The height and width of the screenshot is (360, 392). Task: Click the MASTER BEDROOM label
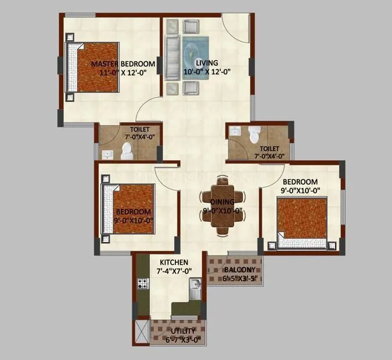(122, 64)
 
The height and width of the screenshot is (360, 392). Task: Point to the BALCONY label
(236, 270)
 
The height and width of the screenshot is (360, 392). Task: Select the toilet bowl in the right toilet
(253, 136)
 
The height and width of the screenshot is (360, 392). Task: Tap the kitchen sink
(197, 285)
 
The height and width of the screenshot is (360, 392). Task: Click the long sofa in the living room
(172, 56)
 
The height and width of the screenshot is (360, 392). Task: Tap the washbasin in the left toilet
(106, 154)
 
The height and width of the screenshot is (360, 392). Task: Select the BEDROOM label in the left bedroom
(133, 212)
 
